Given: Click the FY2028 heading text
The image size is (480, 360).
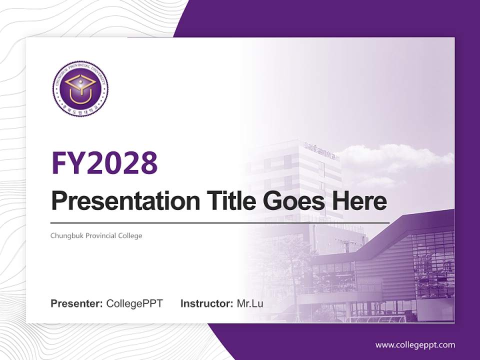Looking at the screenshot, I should (104, 162).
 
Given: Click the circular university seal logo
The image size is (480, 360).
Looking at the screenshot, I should (80, 89).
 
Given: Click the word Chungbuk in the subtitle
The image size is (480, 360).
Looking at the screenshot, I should (64, 235).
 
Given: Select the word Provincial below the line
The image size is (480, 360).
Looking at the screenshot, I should (96, 235).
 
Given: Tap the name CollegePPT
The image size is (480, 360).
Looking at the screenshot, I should (134, 303).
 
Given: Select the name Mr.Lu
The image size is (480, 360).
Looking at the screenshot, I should (250, 303).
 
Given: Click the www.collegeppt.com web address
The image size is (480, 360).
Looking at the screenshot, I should (415, 345).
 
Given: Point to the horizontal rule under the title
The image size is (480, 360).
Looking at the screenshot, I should (220, 222).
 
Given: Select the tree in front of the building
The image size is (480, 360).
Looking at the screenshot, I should (295, 260).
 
